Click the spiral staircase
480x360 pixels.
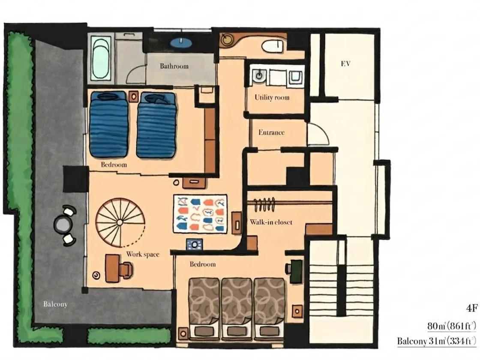pos(120,222)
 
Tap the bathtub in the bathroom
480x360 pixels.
pos(101,58)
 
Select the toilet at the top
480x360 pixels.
pos(272,46)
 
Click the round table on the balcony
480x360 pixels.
pos(63,225)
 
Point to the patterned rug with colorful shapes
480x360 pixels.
pos(200,214)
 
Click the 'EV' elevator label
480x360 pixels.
pos(345,64)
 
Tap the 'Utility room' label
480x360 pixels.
pos(272,98)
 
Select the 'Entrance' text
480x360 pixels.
pos(271,132)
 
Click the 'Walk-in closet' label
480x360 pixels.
pos(271,222)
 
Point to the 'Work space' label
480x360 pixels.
pos(143,254)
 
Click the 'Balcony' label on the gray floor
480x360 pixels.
pos(55,304)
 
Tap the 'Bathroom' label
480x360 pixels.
pos(174,66)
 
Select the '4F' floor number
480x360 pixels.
pos(472,308)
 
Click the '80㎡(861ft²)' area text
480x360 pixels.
pos(452,326)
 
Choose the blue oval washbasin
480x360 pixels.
pos(181,42)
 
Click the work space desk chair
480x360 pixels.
pos(126,270)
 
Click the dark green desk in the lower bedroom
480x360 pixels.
pos(296,271)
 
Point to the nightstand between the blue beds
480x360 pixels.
pos(133,96)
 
